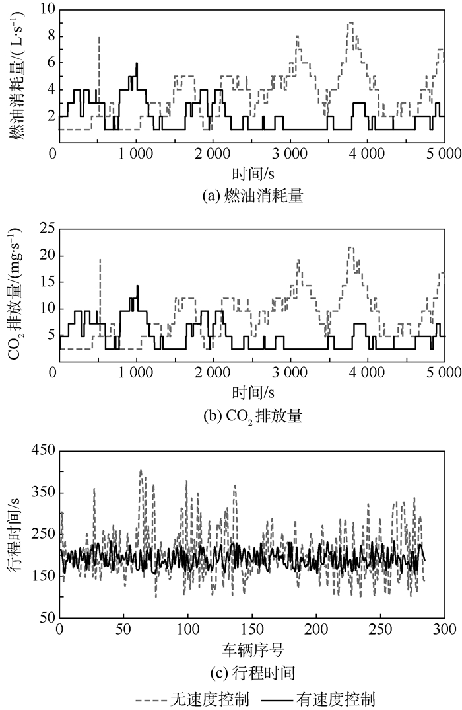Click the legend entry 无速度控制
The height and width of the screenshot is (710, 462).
(192, 698)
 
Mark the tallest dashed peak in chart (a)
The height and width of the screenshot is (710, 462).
(350, 23)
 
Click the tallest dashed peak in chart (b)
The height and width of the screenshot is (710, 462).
(350, 248)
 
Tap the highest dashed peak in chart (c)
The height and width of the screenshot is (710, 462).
(141, 471)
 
